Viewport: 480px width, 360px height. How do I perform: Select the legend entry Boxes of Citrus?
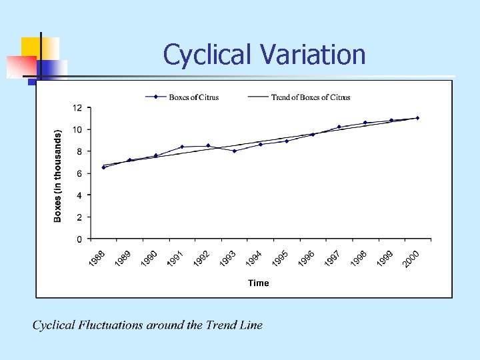[193, 97]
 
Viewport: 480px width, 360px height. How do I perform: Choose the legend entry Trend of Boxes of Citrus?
[310, 97]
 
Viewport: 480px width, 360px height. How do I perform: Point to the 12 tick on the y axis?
[78, 107]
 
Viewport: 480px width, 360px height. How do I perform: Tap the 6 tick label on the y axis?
[79, 173]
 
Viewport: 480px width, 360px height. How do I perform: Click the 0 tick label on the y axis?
[79, 239]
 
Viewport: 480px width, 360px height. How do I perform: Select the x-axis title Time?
[259, 283]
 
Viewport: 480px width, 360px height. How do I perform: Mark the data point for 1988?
[103, 167]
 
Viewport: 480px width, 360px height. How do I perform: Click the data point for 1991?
[182, 147]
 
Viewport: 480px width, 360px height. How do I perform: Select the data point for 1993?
[235, 151]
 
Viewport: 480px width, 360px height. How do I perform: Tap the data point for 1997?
[339, 127]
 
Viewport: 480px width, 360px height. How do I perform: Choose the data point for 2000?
[417, 118]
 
